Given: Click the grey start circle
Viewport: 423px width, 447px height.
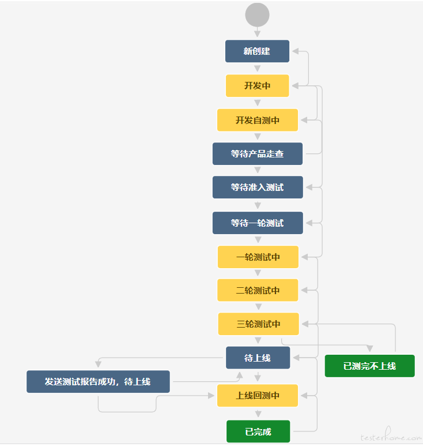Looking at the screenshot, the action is tap(257, 15).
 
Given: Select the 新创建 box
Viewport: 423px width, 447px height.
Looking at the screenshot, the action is tap(257, 51).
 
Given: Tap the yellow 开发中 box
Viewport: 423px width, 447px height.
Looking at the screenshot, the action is tap(257, 85).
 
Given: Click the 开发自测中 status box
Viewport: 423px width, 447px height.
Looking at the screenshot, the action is tap(258, 120).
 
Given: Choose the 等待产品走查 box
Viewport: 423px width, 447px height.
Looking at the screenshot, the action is tap(258, 153).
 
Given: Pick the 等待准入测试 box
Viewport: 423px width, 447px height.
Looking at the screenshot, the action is tap(258, 187).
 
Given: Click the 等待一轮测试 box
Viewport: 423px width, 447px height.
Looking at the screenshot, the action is tap(258, 223).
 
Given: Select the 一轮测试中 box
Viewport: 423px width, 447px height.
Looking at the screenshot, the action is tap(258, 257).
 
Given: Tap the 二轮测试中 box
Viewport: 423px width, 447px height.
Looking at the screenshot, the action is tap(258, 290).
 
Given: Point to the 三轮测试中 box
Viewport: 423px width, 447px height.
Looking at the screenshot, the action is tap(258, 324).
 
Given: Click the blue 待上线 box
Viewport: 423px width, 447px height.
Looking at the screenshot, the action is tap(258, 358).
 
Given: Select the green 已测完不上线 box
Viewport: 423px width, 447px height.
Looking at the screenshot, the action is tap(370, 366).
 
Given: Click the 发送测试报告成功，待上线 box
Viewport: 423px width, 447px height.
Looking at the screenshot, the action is tap(98, 381).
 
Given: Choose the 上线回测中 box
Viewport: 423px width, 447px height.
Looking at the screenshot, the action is tap(258, 396).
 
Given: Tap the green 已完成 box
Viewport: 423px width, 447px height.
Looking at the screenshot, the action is tap(258, 431).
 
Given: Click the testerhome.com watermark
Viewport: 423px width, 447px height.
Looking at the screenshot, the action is tap(391, 434).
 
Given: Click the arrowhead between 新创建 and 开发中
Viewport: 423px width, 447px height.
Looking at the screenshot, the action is tap(257, 69).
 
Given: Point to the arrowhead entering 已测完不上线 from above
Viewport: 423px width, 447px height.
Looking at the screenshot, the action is tap(370, 348).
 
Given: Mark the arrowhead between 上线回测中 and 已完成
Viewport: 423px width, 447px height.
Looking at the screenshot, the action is tap(258, 414).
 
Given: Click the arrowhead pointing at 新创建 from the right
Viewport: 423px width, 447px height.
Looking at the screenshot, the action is tap(296, 51).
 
